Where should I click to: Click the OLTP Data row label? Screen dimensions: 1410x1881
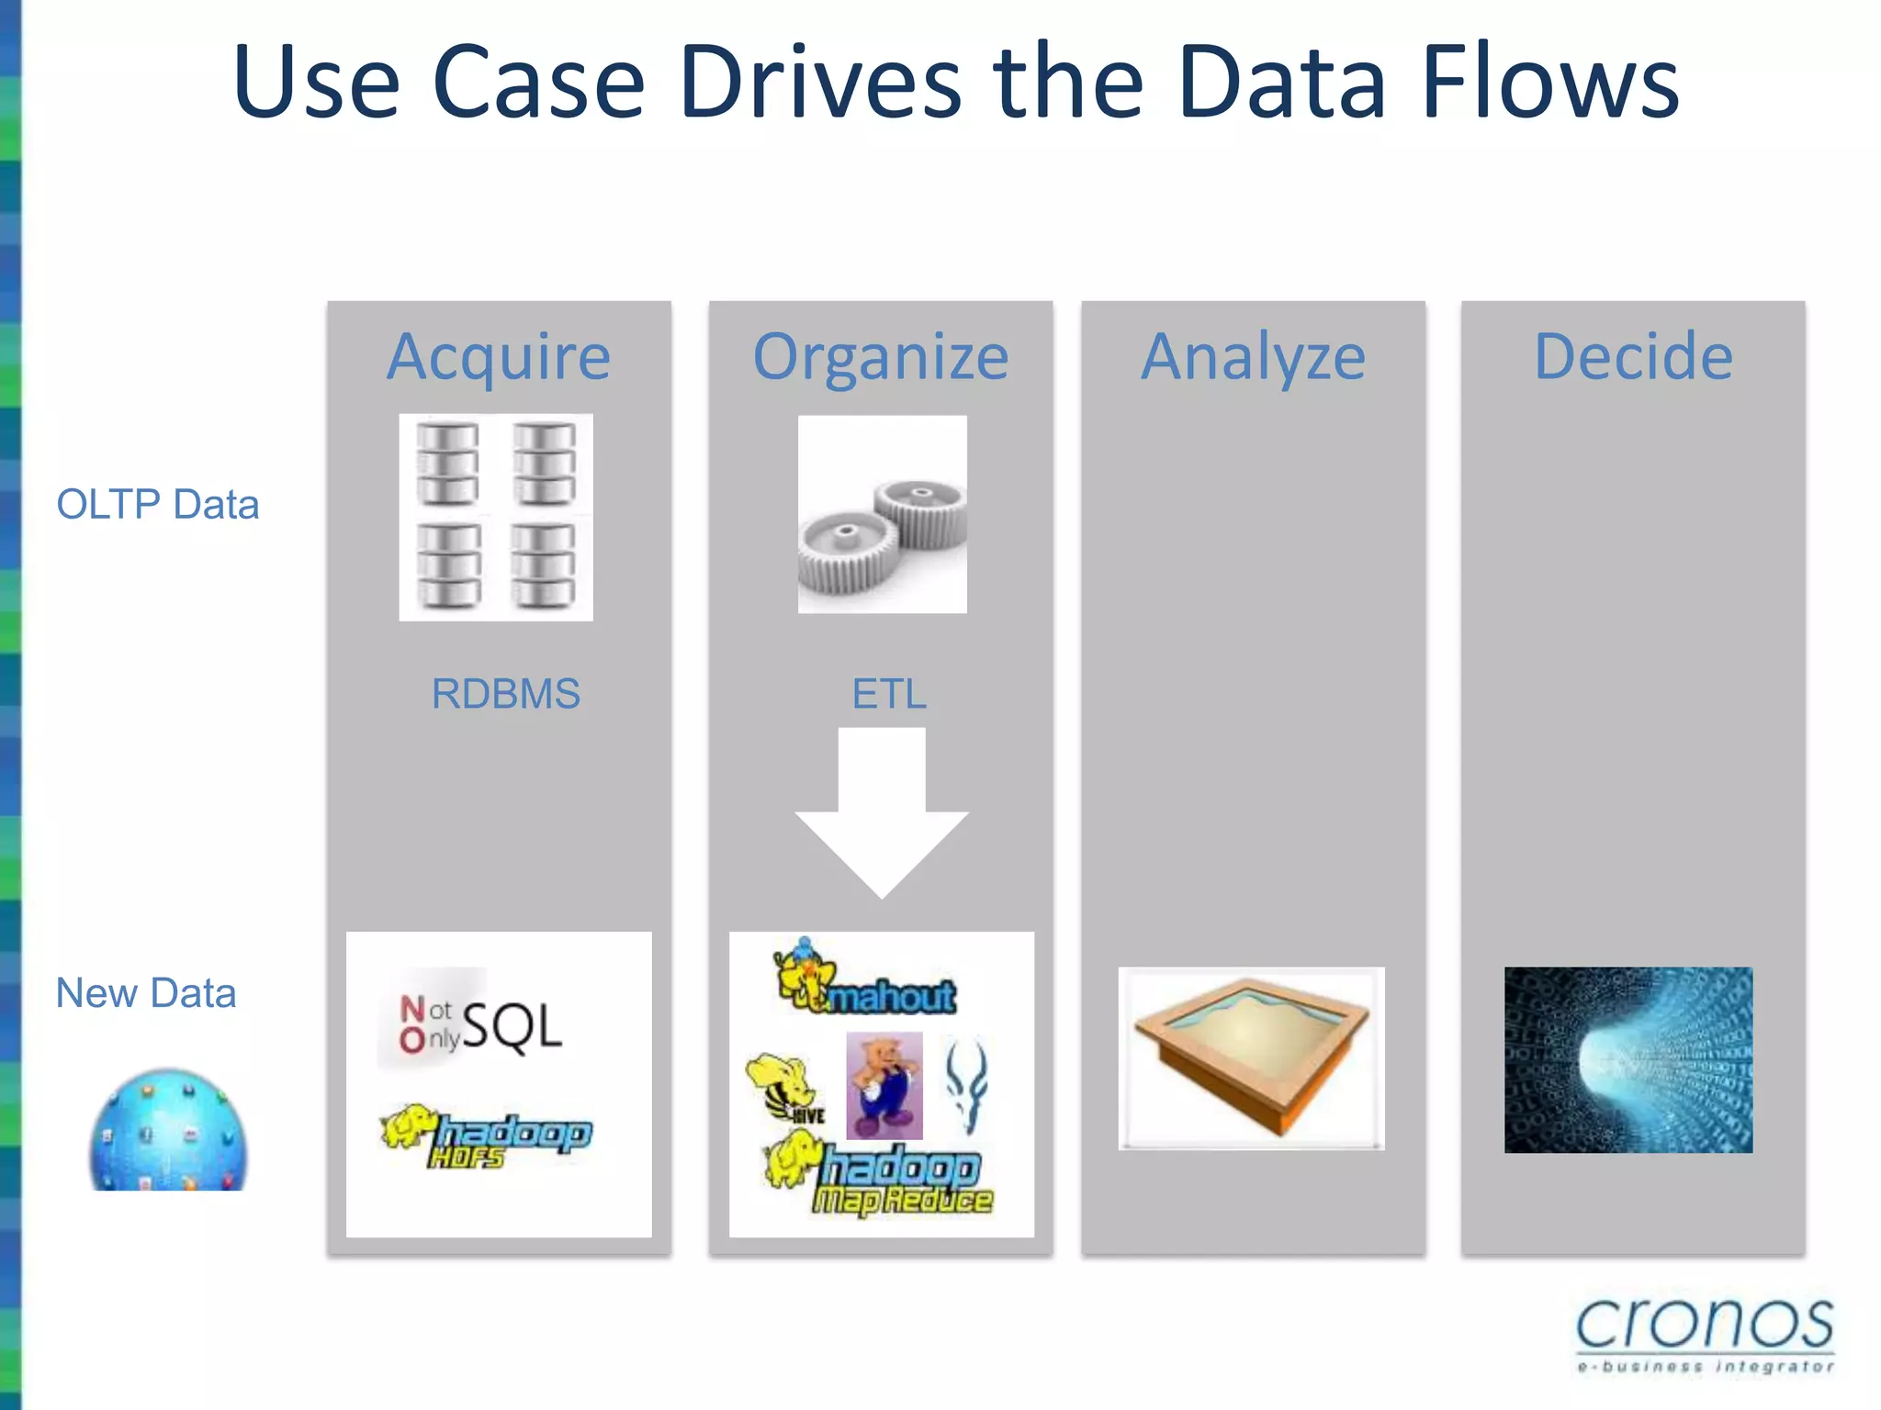(158, 504)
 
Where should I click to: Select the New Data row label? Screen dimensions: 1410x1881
(146, 993)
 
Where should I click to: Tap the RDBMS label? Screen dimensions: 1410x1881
(505, 694)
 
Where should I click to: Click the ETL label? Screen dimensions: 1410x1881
(888, 694)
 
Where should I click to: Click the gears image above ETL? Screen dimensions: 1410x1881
(882, 514)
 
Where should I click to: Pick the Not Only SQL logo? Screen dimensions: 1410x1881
(480, 1024)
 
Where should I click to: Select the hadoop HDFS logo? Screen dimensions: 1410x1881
(487, 1136)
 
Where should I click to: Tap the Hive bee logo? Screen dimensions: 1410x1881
(786, 1089)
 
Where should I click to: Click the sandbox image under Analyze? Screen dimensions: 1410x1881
(1251, 1057)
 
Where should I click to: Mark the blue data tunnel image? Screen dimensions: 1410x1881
(1628, 1059)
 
